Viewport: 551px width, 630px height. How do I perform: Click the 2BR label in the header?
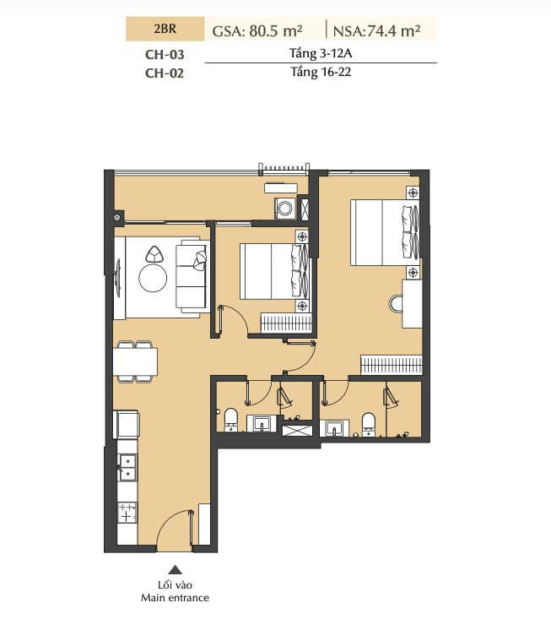165,29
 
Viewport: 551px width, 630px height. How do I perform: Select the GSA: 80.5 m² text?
257,31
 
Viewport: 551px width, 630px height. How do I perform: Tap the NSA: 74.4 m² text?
376,31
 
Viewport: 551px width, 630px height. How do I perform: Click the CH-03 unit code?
165,54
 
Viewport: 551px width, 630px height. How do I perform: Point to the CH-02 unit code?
165,73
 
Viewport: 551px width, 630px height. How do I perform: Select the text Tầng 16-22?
321,73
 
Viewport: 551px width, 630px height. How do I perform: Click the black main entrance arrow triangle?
175,569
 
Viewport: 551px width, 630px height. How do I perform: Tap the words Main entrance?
175,598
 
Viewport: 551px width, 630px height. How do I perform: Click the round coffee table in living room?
153,278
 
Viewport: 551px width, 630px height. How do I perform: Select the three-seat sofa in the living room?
192,276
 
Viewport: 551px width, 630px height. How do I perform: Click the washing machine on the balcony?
285,208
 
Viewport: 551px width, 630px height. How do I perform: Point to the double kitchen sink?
127,467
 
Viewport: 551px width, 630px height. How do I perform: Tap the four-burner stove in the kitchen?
127,513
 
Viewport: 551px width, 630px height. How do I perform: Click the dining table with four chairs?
135,361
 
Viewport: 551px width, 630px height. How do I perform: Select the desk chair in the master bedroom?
396,303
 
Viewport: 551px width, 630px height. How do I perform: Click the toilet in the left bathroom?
230,420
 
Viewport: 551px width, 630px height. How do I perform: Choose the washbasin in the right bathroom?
335,428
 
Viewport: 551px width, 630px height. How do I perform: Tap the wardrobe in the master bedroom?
392,365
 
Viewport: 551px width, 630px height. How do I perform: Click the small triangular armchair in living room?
154,254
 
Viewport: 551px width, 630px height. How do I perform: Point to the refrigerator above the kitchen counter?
127,424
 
